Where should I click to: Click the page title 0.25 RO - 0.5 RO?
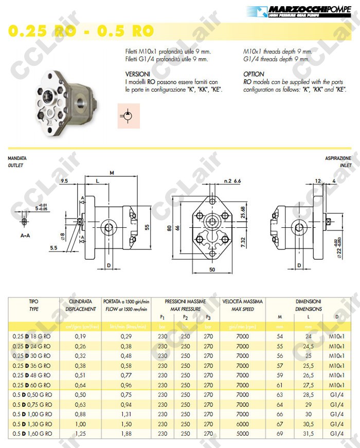click(x=81, y=30)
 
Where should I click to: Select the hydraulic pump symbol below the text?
click(x=128, y=116)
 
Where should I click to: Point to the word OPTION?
click(x=254, y=74)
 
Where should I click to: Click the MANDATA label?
click(x=17, y=158)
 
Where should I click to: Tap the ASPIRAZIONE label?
click(x=338, y=158)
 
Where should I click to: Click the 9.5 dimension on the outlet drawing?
click(x=64, y=181)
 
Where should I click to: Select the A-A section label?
click(x=25, y=236)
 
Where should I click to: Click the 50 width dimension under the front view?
click(x=211, y=269)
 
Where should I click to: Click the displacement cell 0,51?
click(x=80, y=375)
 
